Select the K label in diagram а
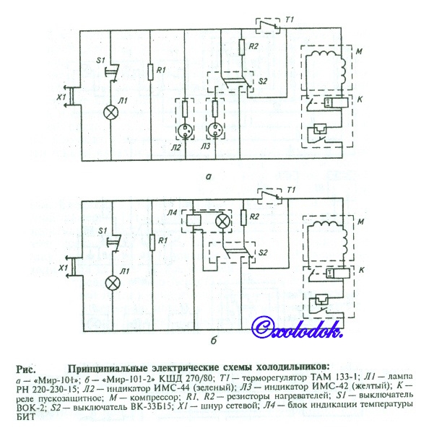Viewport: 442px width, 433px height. [x=360, y=97]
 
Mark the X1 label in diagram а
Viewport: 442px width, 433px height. [x=62, y=96]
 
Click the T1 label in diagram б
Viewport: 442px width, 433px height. [x=292, y=190]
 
